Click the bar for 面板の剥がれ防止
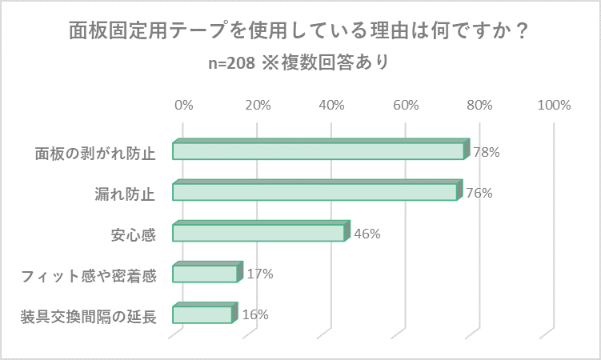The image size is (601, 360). pos(319,151)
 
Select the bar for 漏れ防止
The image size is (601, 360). pos(315,192)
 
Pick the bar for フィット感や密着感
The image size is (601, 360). pos(205,274)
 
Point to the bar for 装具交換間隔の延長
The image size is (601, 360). pos(202,314)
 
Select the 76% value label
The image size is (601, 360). pos(479,193)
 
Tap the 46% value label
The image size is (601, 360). pos(367,234)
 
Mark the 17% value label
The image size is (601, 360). pos(260,274)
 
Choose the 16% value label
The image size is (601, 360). pos(254,314)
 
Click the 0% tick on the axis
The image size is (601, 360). pos(183,105)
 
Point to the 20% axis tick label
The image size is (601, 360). pos(258,105)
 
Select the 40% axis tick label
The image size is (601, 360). pos(331,105)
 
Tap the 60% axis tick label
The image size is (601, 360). pos(406,105)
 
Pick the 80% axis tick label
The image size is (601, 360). pos(480,105)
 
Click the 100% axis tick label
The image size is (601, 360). pos(554,105)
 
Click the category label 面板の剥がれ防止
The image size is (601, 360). pos(94,152)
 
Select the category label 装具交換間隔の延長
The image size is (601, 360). pos(87,315)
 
